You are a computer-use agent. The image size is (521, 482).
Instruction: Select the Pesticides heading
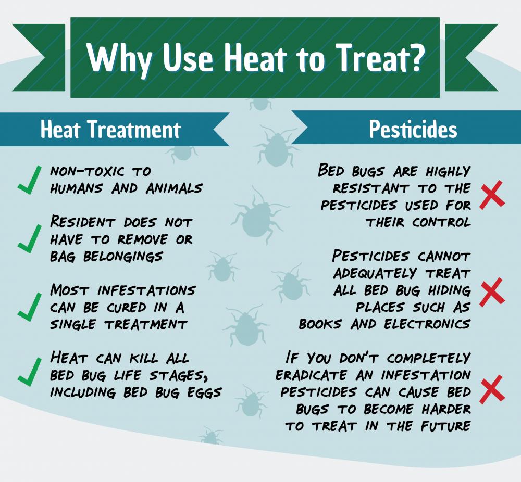coord(413,129)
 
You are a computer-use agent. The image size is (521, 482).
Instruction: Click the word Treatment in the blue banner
coord(135,129)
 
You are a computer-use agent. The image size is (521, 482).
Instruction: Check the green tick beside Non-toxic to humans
coord(30,180)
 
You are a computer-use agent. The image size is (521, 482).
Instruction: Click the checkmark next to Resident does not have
coord(30,238)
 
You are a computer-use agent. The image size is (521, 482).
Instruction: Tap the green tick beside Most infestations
coord(30,307)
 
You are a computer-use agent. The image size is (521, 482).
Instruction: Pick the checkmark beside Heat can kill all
coord(30,372)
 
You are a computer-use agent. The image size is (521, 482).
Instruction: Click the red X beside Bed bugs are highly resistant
coord(492,195)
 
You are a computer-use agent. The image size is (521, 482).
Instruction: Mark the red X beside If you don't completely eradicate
coord(492,388)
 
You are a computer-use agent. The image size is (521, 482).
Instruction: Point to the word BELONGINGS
coord(123,257)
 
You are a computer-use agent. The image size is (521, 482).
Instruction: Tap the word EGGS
coord(204,392)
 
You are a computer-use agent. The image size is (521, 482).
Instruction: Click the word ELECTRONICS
coord(427,324)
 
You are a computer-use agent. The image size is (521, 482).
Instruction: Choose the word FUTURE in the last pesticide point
coord(445,426)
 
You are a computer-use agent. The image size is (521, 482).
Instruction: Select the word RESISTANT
coord(371,188)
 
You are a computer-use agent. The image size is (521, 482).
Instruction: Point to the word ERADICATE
coord(312,375)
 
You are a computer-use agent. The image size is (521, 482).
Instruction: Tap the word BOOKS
coord(320,324)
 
